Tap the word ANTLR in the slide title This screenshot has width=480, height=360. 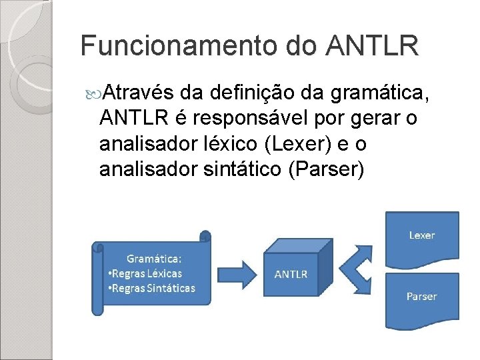(373, 47)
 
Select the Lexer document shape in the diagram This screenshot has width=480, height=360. (422, 235)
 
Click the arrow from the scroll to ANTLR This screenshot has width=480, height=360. (237, 273)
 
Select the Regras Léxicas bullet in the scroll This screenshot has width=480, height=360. (145, 273)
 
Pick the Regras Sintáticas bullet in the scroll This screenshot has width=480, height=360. (151, 288)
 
